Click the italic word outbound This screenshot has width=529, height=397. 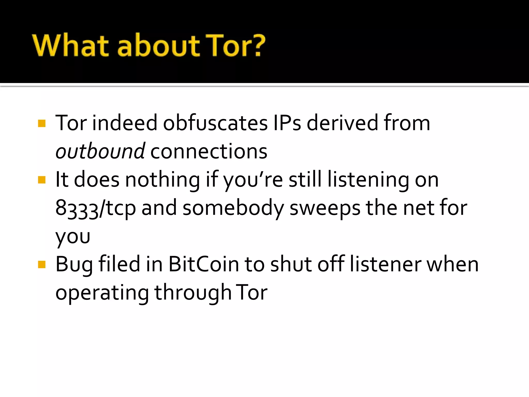[x=100, y=151]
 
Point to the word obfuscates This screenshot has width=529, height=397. [x=215, y=123]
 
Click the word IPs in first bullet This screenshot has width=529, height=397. [x=287, y=123]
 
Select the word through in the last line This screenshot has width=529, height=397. [x=192, y=293]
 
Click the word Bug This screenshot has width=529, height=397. [x=74, y=265]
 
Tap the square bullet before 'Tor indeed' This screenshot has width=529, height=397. [x=42, y=123]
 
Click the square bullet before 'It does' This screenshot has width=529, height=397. [x=42, y=180]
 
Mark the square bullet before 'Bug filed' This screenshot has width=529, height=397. [x=42, y=264]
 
